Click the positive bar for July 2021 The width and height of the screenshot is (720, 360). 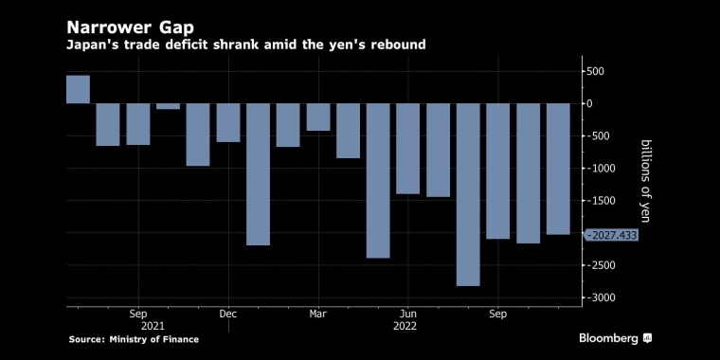(x=78, y=90)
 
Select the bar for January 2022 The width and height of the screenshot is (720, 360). (x=258, y=174)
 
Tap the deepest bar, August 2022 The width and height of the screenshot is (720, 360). (x=468, y=195)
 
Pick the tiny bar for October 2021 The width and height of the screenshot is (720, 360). (x=168, y=106)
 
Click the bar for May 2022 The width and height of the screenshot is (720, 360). (x=378, y=180)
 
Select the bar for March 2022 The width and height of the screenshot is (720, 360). (x=318, y=117)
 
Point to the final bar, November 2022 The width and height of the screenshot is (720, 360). (x=558, y=169)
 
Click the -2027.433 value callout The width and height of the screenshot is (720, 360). (x=611, y=236)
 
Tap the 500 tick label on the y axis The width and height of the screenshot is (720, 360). (x=593, y=72)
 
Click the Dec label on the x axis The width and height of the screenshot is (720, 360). (x=228, y=315)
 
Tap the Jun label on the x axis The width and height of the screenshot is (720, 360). (x=407, y=315)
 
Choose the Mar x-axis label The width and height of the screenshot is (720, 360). (x=317, y=315)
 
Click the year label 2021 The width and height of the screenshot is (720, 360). (x=153, y=326)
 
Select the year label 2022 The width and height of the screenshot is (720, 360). (x=405, y=326)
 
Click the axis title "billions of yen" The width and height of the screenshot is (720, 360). (x=645, y=181)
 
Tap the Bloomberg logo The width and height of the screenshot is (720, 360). (x=615, y=339)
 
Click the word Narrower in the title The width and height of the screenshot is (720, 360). (x=109, y=27)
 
